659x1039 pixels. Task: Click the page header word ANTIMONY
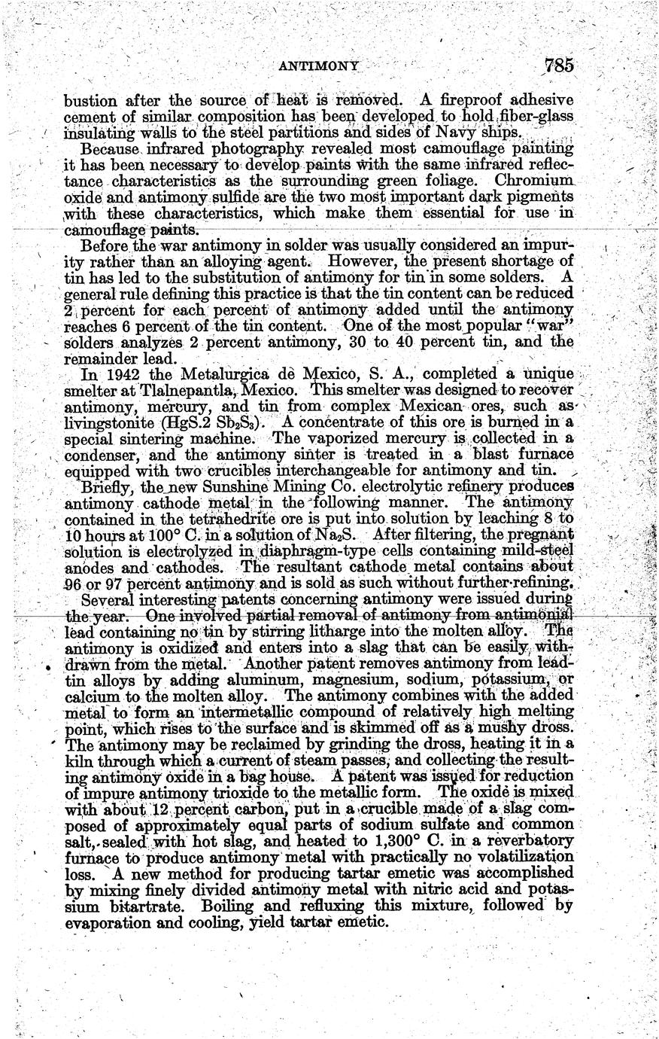click(318, 66)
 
